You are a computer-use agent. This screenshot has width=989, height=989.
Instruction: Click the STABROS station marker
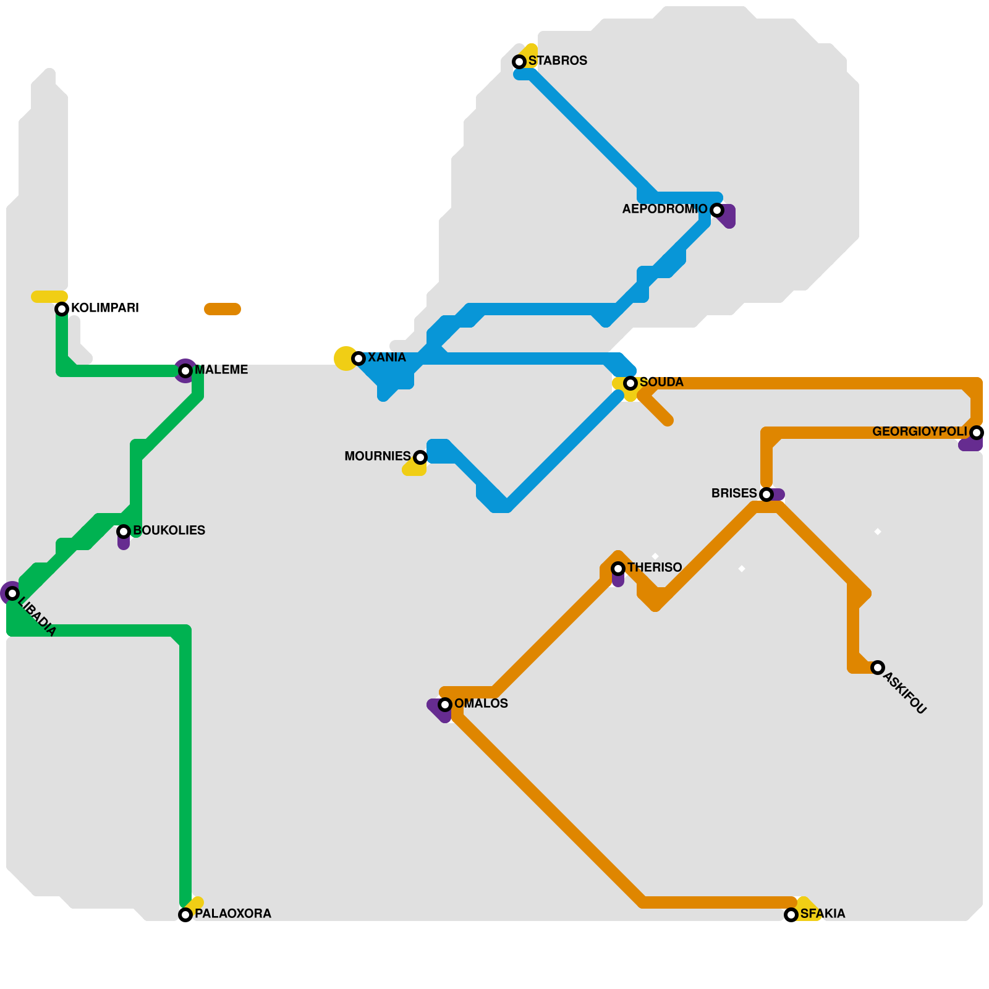(519, 62)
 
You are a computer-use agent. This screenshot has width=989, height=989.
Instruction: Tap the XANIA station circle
(359, 359)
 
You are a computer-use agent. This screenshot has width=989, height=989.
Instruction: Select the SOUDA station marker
(630, 383)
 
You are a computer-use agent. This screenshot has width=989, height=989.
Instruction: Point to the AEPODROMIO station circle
(717, 210)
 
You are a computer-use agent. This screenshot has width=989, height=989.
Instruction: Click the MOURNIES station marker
(420, 457)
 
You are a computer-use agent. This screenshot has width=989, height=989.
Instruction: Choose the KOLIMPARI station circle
(62, 309)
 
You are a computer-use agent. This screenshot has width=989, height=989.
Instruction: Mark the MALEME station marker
(185, 371)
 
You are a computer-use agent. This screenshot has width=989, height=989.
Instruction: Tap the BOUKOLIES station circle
(124, 532)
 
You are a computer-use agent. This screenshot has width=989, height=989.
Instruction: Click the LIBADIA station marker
(12, 593)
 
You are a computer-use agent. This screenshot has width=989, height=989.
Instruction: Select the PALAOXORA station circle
(185, 915)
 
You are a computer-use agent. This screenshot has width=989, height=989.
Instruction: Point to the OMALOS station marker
(445, 705)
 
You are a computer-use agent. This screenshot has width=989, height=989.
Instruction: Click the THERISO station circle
(618, 569)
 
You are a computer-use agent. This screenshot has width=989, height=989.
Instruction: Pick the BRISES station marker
(766, 494)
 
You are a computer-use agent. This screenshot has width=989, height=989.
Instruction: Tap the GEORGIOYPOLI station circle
(977, 433)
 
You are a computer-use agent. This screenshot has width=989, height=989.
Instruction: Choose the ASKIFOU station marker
(878, 668)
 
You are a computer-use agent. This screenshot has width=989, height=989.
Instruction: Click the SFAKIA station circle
(791, 915)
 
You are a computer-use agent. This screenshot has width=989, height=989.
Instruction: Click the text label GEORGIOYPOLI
(919, 431)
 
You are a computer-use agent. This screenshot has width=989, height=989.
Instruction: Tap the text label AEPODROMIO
(664, 209)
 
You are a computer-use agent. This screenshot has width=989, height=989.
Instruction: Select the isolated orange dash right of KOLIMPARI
(223, 309)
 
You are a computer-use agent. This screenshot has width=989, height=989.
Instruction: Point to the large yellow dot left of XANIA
(345, 359)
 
